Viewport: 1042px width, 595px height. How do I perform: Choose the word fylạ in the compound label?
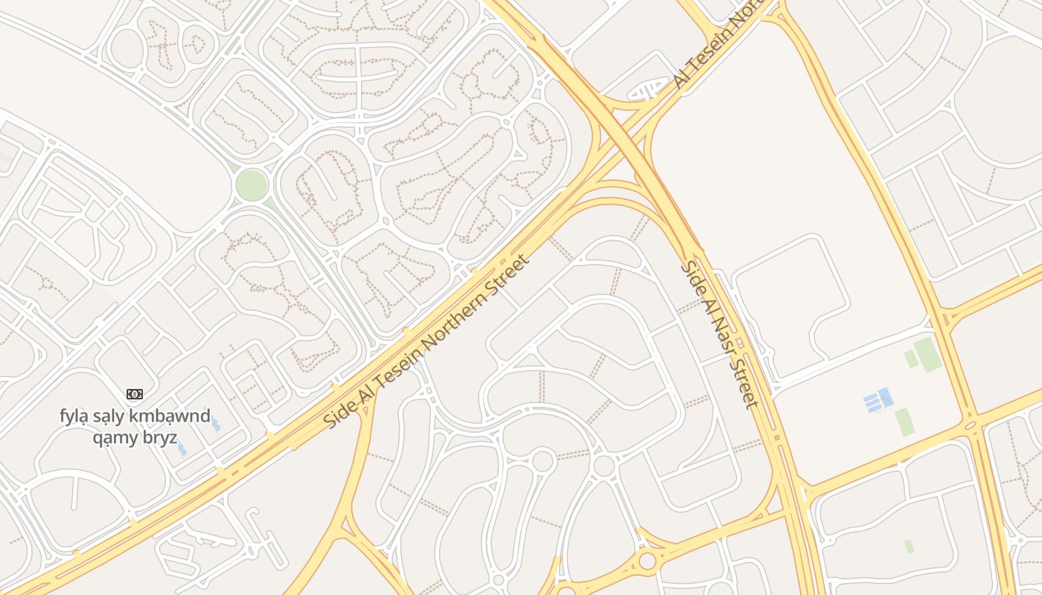[74, 415]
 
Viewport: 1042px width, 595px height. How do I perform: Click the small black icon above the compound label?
[134, 394]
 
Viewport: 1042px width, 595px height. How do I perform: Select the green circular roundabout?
[252, 185]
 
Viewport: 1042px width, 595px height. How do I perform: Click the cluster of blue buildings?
[879, 400]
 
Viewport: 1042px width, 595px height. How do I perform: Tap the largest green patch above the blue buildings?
[927, 354]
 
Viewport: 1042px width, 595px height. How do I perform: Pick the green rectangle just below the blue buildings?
[903, 422]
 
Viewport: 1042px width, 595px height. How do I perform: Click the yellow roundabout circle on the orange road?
[647, 560]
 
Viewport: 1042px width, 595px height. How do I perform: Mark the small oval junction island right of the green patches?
[970, 426]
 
